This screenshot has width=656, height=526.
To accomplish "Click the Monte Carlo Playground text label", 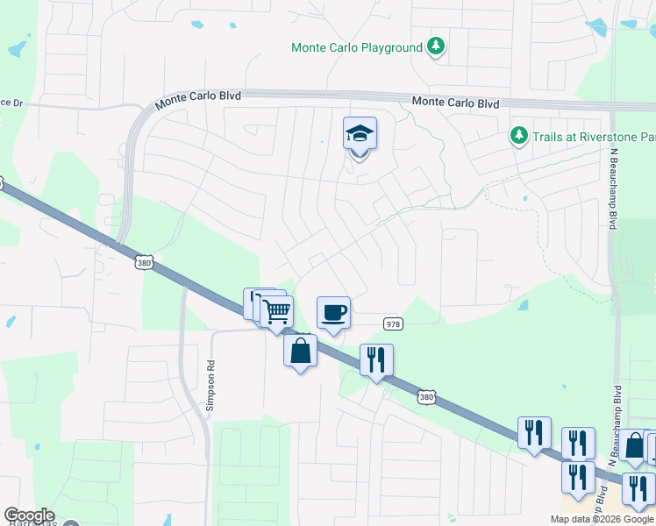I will pos(357,47).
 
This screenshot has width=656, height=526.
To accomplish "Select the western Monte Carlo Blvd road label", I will pos(198,96).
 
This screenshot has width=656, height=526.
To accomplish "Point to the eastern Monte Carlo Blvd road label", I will pos(455,103).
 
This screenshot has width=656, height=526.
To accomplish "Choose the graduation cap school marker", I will pos(360,134).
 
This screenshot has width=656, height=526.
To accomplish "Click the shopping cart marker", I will pos(277,311).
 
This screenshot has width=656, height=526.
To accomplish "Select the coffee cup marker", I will pos(333,312).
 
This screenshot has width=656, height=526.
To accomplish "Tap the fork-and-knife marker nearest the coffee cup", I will pos(376,359).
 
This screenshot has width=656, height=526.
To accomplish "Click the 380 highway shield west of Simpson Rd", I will pos(146,262).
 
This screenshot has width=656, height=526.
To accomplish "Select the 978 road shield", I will pos(393,324).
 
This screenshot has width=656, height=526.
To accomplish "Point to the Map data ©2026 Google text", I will pos(602,519).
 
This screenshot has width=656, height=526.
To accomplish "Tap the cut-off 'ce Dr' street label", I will pos(11,103).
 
